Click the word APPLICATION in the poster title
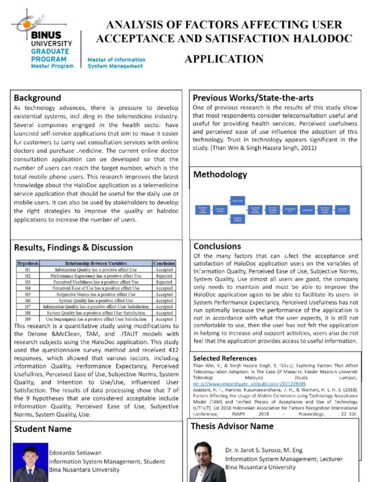click(224, 59)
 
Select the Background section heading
click(37, 98)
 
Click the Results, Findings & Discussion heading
click(73, 247)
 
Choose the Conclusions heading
click(217, 246)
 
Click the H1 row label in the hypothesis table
click(27, 270)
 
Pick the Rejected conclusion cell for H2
click(164, 276)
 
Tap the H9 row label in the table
click(27, 319)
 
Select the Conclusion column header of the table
click(164, 264)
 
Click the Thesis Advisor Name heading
click(232, 427)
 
